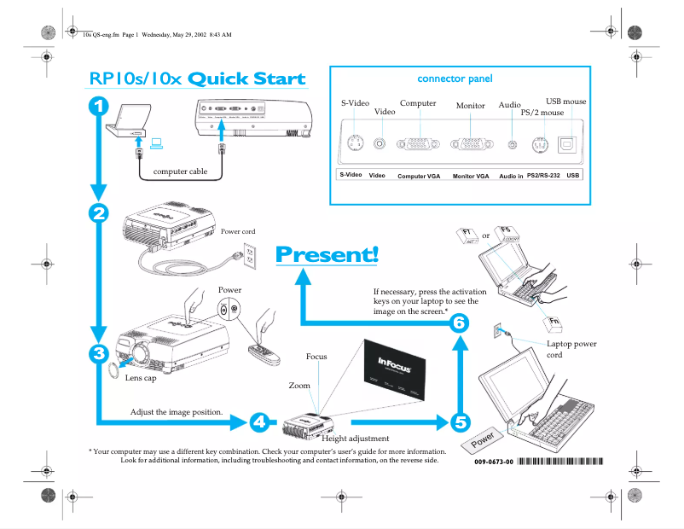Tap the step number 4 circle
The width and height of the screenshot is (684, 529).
(x=260, y=421)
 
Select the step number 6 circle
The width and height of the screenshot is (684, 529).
(x=460, y=323)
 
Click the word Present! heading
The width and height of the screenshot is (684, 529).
(x=327, y=254)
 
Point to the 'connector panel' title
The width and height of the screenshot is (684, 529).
(x=455, y=78)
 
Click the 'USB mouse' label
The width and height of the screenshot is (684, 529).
(x=566, y=102)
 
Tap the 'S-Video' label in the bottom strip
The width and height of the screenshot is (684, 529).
(x=351, y=175)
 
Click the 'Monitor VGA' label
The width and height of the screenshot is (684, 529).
(x=471, y=176)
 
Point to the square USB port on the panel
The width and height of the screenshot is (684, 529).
(x=568, y=144)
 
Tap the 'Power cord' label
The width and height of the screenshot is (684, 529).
(x=238, y=231)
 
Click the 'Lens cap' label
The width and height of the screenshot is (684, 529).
(x=140, y=377)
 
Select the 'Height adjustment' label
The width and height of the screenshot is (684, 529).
(x=356, y=439)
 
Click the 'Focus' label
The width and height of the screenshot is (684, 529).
(x=317, y=356)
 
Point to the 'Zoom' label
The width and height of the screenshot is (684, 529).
(x=299, y=386)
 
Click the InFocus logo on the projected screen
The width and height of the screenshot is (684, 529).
(x=396, y=364)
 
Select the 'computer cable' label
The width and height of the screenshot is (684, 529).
(x=180, y=171)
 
